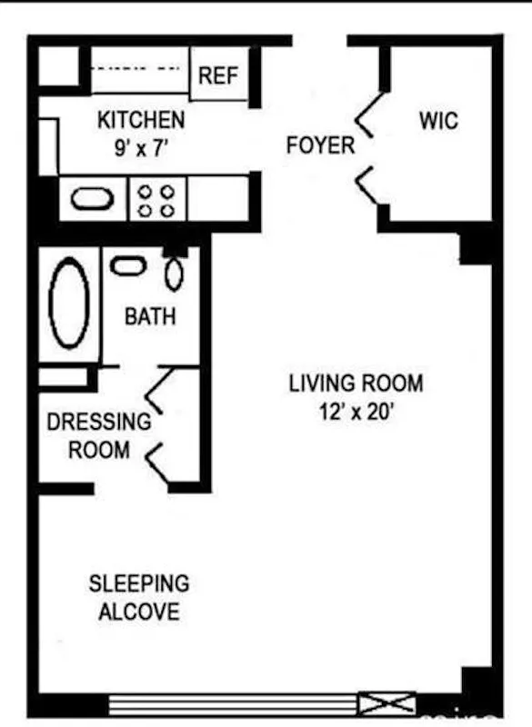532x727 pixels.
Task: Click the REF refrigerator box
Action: point(217,75)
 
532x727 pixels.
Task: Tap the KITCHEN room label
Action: point(141,120)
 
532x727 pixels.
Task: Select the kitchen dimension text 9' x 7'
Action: point(141,148)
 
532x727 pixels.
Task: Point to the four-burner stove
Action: point(157,199)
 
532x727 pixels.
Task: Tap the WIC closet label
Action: point(438,121)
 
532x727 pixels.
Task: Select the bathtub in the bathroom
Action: point(69,304)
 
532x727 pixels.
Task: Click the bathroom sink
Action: point(127,265)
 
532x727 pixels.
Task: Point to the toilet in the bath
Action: point(174,274)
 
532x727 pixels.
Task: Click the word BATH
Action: point(150,317)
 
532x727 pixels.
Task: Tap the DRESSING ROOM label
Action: point(99,435)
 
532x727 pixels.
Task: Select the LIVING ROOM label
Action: point(356,383)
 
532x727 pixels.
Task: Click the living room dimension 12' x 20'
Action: point(356,412)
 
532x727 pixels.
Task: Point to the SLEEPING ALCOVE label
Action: point(139,597)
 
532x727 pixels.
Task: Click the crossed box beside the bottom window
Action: point(386,703)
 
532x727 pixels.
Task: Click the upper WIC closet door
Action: point(367,116)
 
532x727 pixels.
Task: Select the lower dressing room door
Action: point(159,463)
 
